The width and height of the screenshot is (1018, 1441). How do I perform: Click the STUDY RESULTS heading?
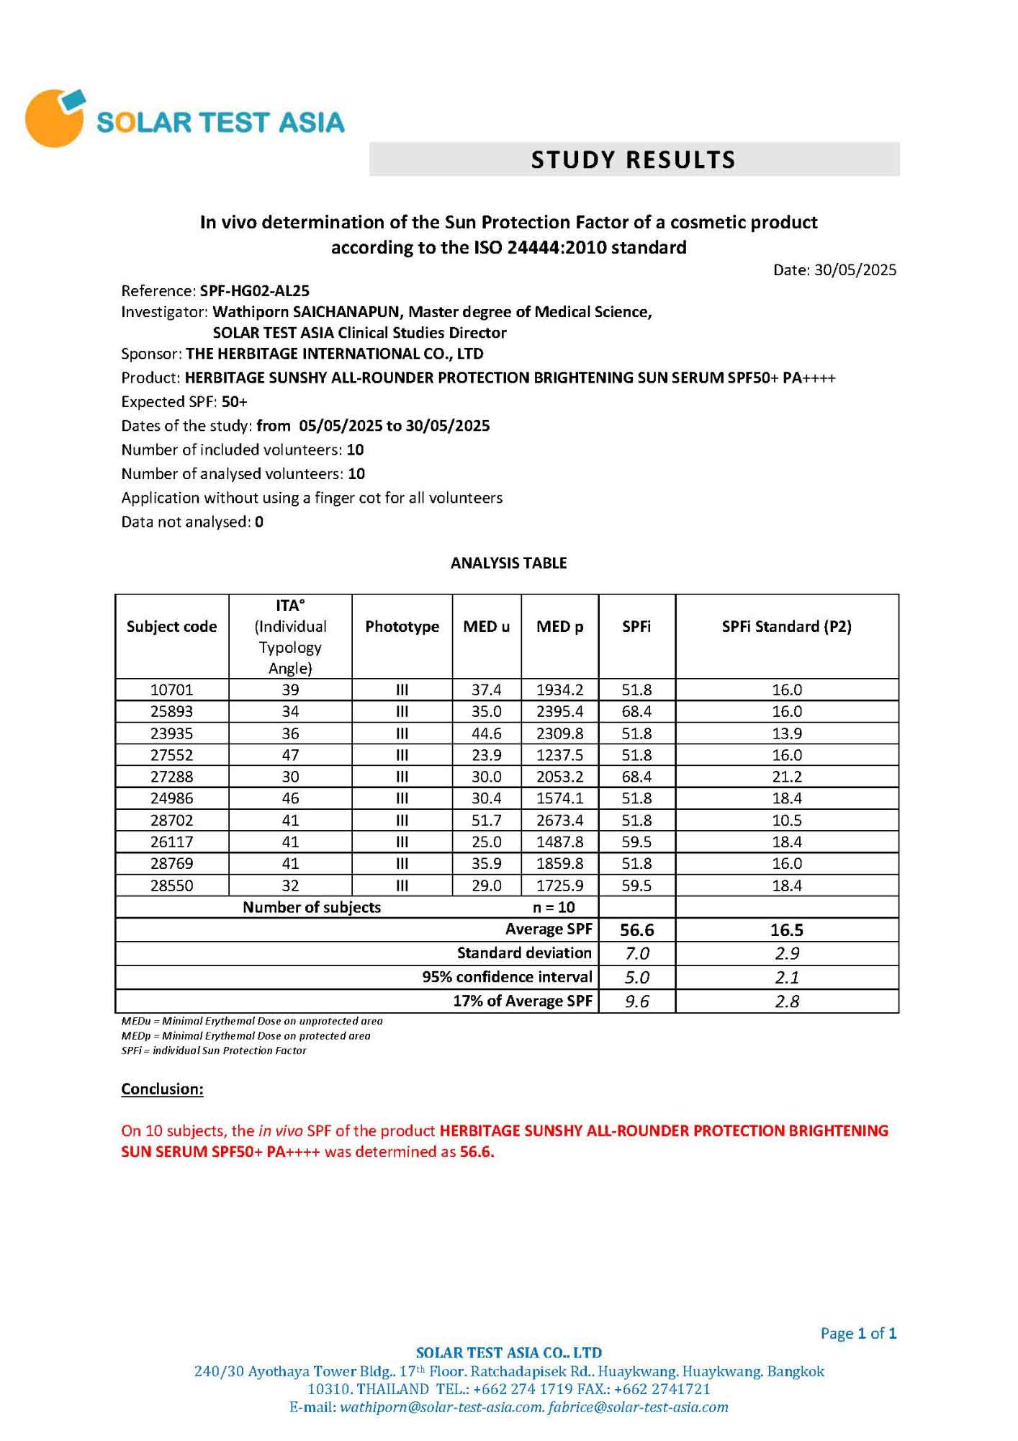coord(634,159)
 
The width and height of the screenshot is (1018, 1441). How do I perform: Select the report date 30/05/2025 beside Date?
coord(855,270)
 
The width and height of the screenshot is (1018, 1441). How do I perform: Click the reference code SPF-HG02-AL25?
coord(255,291)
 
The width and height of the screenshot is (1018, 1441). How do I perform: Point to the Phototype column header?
coord(402,627)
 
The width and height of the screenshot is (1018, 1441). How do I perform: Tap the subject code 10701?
coord(171,690)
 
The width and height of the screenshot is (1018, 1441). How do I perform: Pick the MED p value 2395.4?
coord(559,712)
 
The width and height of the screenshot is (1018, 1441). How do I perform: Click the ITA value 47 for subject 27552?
coord(290,755)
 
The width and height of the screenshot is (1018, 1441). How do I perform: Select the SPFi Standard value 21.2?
coord(786,777)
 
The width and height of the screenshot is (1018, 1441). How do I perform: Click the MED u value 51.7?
coord(486,820)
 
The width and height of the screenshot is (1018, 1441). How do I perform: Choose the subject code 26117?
coord(171,842)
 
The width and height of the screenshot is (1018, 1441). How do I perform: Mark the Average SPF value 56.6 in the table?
coord(636,930)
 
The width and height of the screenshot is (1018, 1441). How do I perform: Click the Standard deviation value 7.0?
coord(636,954)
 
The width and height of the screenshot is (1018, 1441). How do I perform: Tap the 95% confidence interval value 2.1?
coord(786,978)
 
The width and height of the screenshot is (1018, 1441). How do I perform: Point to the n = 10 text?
coord(554,907)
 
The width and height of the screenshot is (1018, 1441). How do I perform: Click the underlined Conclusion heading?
coord(162,1089)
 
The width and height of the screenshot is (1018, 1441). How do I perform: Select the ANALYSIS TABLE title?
coord(508,563)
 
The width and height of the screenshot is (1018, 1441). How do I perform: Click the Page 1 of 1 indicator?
coord(858,1334)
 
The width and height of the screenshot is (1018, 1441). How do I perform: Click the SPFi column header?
coord(636,627)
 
